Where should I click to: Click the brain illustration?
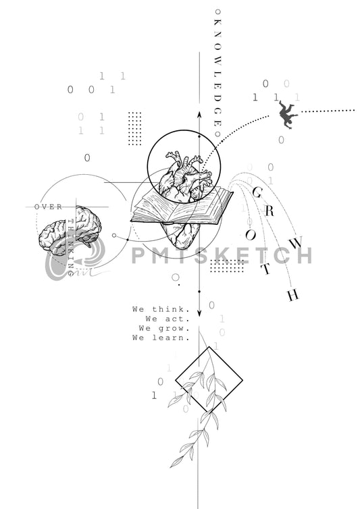coord(70,230)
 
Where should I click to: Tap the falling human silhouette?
coord(288,115)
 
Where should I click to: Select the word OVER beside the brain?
coord(48,207)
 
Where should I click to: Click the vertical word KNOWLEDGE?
coord(217,73)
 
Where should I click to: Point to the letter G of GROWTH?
coord(257,192)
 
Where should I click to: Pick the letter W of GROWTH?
coord(296,243)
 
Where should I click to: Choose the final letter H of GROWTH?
coord(292,295)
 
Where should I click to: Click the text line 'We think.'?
coord(161,309)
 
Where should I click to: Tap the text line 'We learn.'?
coord(161,338)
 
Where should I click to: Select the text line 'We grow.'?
coord(164,329)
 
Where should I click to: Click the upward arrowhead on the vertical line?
coord(199,115)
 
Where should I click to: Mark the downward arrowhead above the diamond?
coord(199,313)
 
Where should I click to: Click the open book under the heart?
coord(182,208)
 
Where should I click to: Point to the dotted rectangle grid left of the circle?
coord(135,128)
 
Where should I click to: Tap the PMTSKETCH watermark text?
coord(222,255)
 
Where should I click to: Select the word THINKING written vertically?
coord(70,243)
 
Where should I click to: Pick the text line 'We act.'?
coord(168,319)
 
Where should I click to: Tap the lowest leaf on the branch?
coord(176,462)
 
